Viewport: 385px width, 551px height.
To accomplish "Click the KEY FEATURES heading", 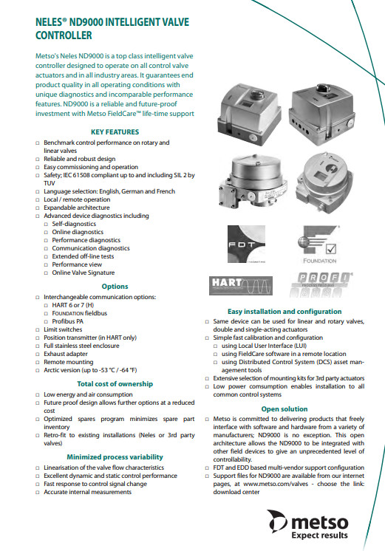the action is click(115, 132).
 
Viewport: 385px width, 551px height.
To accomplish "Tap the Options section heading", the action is click(115, 287).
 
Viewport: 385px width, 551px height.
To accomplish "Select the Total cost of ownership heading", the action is click(115, 384).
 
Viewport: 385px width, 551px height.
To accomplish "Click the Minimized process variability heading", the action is click(115, 456).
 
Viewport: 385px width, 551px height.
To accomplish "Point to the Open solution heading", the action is click(285, 409).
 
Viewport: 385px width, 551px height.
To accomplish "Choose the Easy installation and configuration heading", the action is click(285, 312).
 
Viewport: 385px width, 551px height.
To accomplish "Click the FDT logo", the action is click(246, 244).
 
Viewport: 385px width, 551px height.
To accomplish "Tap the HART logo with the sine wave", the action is click(241, 286).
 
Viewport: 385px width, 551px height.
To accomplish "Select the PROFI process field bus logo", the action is click(321, 284).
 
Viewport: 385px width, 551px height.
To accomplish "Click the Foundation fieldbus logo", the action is click(319, 244).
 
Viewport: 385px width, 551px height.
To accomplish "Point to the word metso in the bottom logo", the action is click(320, 522).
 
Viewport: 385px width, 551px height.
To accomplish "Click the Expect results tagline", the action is click(320, 535).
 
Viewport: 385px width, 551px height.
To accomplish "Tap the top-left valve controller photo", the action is click(249, 114).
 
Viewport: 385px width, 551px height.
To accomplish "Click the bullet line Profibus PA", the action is click(68, 321).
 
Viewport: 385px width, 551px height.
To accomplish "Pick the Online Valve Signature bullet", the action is click(84, 273).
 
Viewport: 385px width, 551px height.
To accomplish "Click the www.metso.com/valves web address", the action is click(276, 484).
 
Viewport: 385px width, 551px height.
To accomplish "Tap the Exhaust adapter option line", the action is click(66, 354).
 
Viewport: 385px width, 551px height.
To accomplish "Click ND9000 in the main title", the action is click(86, 22).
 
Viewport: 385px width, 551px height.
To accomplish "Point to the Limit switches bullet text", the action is click(63, 329).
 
